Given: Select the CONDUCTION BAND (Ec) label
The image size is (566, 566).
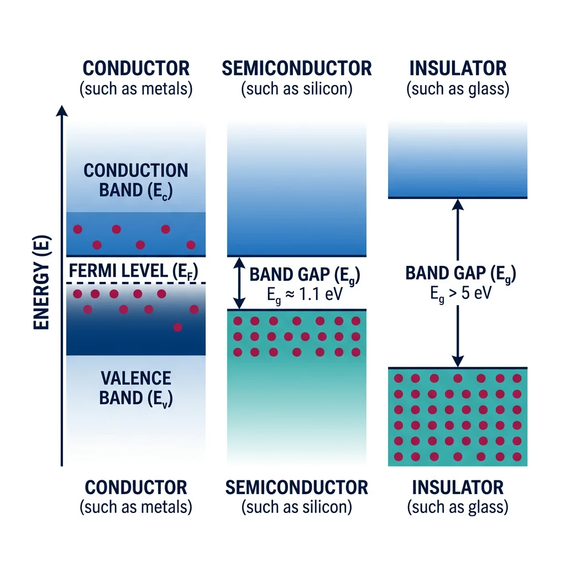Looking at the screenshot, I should (136, 180).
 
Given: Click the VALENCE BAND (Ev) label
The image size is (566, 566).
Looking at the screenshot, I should (136, 388).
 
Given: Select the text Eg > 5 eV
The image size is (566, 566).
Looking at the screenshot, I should (461, 294).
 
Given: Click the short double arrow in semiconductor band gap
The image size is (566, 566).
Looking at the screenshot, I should (239, 283).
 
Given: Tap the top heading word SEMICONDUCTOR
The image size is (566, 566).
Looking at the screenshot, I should (297, 69).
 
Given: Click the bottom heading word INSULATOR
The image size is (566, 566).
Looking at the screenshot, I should (457, 488).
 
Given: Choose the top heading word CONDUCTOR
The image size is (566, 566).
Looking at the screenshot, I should (136, 69).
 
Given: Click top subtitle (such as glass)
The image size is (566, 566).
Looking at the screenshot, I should (457, 89).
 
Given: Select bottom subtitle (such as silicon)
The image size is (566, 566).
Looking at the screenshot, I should (297, 506).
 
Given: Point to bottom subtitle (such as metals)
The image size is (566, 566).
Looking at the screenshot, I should (136, 506).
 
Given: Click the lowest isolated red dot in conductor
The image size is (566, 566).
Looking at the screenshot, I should (177, 327).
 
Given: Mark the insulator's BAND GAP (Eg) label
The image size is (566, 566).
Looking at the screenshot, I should (461, 273).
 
